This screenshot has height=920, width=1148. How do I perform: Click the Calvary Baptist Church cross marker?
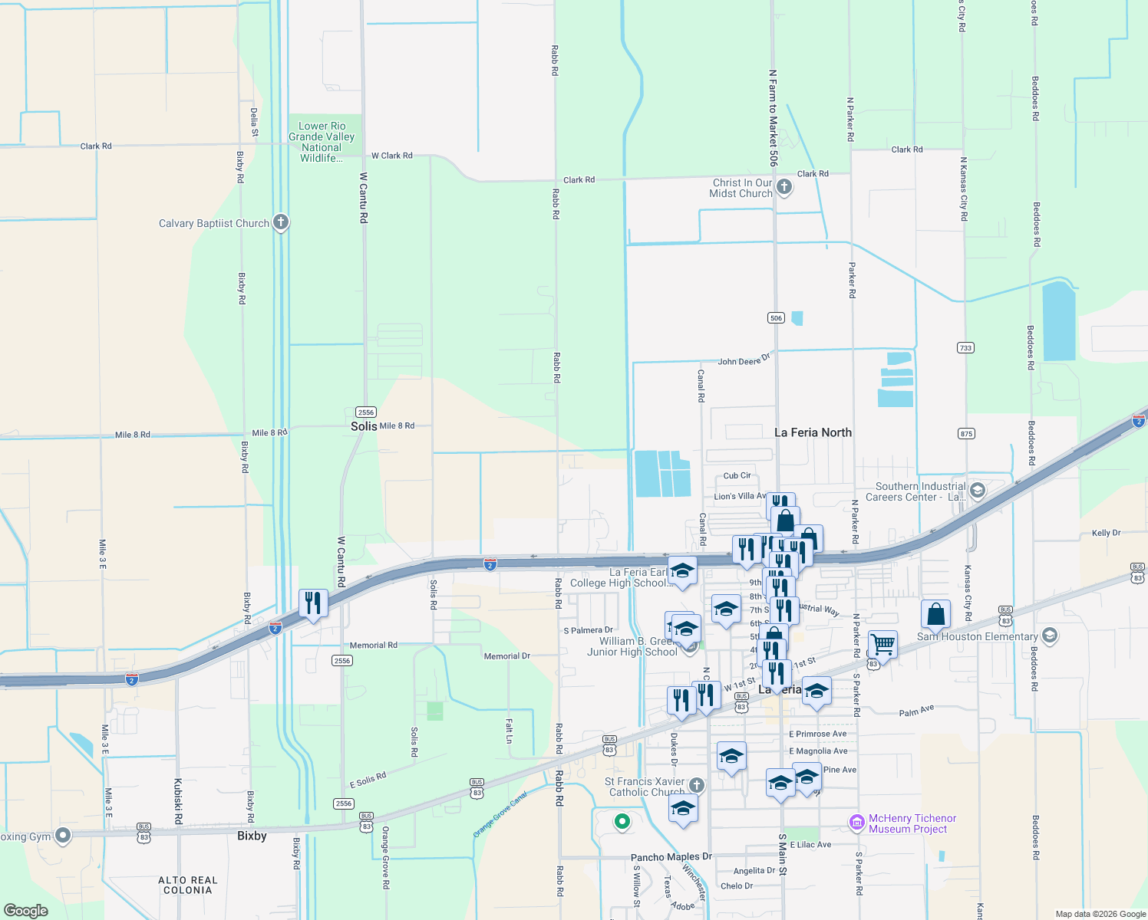pos(281,223)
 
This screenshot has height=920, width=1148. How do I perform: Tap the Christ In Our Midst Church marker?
pos(784,186)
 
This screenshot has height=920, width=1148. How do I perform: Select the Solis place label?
pos(364,426)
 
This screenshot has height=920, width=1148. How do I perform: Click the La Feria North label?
pos(813,432)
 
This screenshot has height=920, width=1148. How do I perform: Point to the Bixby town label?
pos(252,836)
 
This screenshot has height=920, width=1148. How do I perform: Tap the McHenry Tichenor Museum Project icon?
pos(857,823)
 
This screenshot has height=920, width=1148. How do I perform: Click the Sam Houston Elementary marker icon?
pos(1050,636)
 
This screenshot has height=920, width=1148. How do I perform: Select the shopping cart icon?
pos(882,645)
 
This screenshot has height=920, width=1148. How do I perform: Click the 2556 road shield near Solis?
pos(365,412)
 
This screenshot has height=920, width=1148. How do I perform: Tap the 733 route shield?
pos(965,348)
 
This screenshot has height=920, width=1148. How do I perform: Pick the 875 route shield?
pos(966,434)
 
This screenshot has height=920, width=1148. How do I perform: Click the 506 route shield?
pos(776,318)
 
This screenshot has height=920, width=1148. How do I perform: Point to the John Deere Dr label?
pos(743,360)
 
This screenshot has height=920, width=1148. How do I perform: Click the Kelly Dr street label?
pos(1106,533)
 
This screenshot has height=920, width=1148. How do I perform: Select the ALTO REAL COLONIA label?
pos(188,886)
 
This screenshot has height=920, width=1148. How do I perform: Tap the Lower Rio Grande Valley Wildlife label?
pos(322,142)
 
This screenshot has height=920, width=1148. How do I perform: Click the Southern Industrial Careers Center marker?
pos(978,490)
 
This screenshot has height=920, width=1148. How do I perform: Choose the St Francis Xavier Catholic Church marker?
pos(696,785)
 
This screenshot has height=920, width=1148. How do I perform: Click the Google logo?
pos(26,910)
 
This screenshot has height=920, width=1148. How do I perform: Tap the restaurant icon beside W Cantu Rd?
pos(312,603)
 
